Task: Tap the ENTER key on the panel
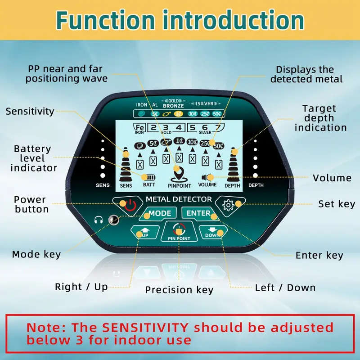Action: click(x=198, y=213)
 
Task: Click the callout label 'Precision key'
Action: click(x=179, y=290)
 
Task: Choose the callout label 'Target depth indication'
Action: click(x=320, y=118)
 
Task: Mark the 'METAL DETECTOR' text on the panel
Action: click(x=179, y=199)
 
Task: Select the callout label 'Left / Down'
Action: click(x=285, y=288)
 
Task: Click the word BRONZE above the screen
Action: click(x=173, y=105)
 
